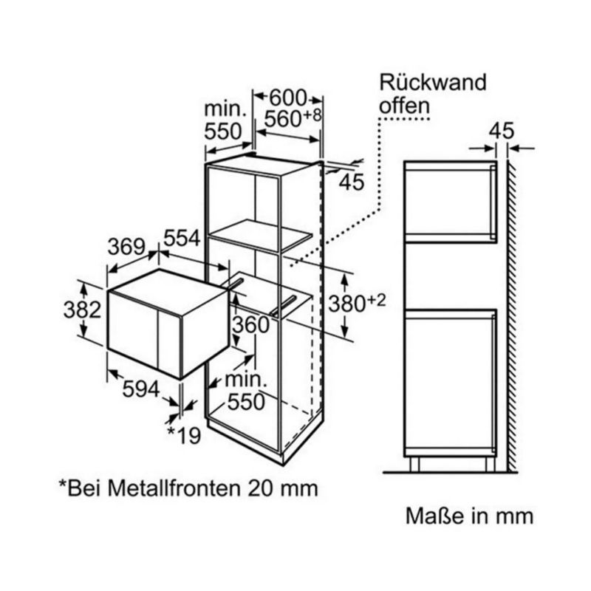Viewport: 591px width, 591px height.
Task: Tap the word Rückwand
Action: [432, 82]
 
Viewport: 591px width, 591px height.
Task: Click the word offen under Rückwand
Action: [404, 106]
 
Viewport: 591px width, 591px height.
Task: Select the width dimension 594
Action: [140, 389]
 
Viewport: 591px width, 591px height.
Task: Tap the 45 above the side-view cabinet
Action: [501, 131]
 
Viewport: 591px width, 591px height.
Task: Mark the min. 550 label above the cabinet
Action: [225, 120]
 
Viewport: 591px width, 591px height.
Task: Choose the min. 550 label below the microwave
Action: [245, 392]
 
